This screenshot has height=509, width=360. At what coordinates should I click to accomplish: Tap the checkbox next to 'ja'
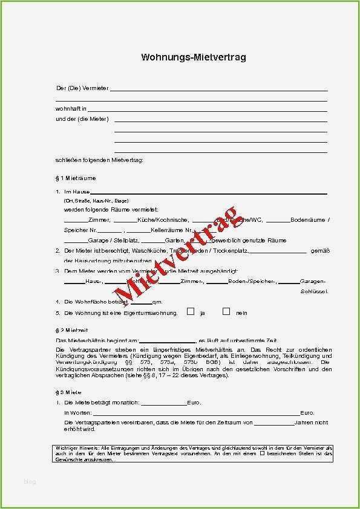(x=191, y=312)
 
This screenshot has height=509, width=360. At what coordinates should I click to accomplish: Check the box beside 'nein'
(x=226, y=312)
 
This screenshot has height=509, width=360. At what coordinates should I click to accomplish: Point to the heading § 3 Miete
(x=68, y=392)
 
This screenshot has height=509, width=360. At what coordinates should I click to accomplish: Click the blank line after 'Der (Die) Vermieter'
(x=218, y=90)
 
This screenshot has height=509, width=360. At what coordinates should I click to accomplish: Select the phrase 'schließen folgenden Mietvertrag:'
(x=100, y=160)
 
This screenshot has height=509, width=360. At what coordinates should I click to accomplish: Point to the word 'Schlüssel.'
(x=314, y=291)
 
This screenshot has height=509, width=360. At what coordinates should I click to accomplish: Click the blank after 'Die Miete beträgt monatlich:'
(x=163, y=403)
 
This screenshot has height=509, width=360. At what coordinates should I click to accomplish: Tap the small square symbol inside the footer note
(x=263, y=453)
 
